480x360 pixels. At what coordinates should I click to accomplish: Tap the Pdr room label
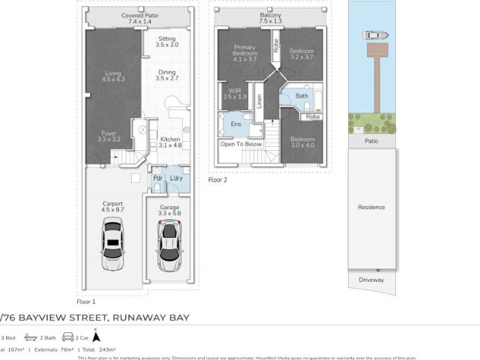[158, 178]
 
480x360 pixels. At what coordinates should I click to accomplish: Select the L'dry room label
[178, 178]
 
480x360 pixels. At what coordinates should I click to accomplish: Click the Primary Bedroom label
[244, 52]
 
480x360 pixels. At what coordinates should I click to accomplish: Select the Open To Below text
[241, 144]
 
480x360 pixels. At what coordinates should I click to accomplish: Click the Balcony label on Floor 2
[270, 18]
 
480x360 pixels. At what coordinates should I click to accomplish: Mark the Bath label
[302, 96]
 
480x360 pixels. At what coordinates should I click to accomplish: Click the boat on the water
[373, 34]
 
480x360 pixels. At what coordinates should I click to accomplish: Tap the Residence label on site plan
[371, 207]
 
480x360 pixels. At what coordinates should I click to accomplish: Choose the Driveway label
[371, 280]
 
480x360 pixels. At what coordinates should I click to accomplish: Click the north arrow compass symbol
[96, 337]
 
